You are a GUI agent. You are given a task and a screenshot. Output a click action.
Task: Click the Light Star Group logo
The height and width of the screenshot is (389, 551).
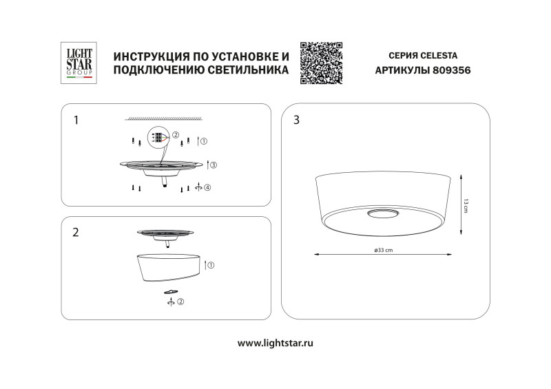(x=78, y=63)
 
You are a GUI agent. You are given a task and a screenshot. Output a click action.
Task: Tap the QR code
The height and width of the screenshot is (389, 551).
(x=322, y=63)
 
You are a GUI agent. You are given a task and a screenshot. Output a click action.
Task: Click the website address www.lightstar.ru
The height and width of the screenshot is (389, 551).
(x=275, y=342)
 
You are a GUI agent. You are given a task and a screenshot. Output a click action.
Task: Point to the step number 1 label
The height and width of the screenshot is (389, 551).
(x=76, y=120)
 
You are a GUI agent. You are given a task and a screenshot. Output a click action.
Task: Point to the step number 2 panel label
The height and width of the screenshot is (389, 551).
(x=76, y=233)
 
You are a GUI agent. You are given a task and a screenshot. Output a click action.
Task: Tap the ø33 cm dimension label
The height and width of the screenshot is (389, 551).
(x=383, y=250)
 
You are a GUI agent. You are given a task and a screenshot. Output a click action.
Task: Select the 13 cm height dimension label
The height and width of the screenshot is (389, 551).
(x=466, y=206)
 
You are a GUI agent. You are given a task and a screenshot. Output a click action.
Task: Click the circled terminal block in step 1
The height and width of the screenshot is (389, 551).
(x=158, y=138)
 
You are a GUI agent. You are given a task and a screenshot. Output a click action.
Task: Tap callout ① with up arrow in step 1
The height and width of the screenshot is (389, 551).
(x=202, y=141)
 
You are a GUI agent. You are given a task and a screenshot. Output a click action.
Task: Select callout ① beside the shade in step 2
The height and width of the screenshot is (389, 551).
(x=209, y=264)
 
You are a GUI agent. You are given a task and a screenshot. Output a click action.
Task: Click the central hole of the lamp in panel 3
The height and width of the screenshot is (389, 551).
(x=382, y=214)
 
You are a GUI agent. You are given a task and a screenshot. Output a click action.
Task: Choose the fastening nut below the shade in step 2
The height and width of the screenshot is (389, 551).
(x=169, y=292)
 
